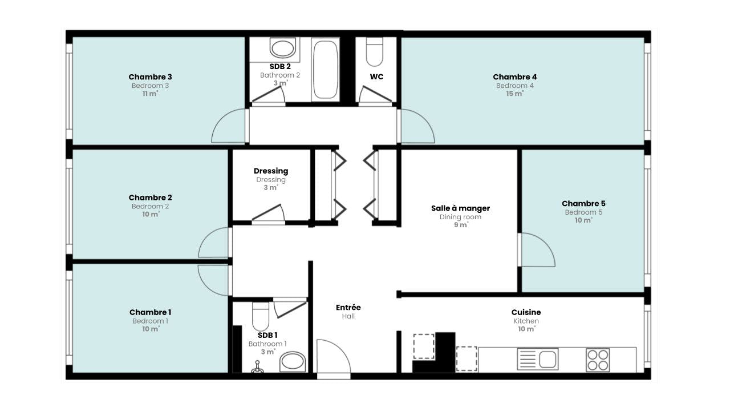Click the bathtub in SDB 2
tap(325, 70)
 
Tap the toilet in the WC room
tap(375, 52)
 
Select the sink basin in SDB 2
tap(282, 49)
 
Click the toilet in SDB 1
tap(261, 316)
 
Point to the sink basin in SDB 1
tap(293, 362)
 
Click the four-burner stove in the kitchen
tap(598, 360)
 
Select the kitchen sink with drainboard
tap(538, 359)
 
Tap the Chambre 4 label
tap(514, 77)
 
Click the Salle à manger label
tap(460, 208)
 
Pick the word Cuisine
tap(526, 312)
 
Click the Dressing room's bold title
tap(271, 171)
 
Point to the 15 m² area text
tap(514, 94)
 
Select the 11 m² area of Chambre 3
tap(150, 94)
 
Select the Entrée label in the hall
tap(348, 307)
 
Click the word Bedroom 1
tap(150, 321)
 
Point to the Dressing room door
tap(268, 213)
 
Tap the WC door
tap(375, 94)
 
